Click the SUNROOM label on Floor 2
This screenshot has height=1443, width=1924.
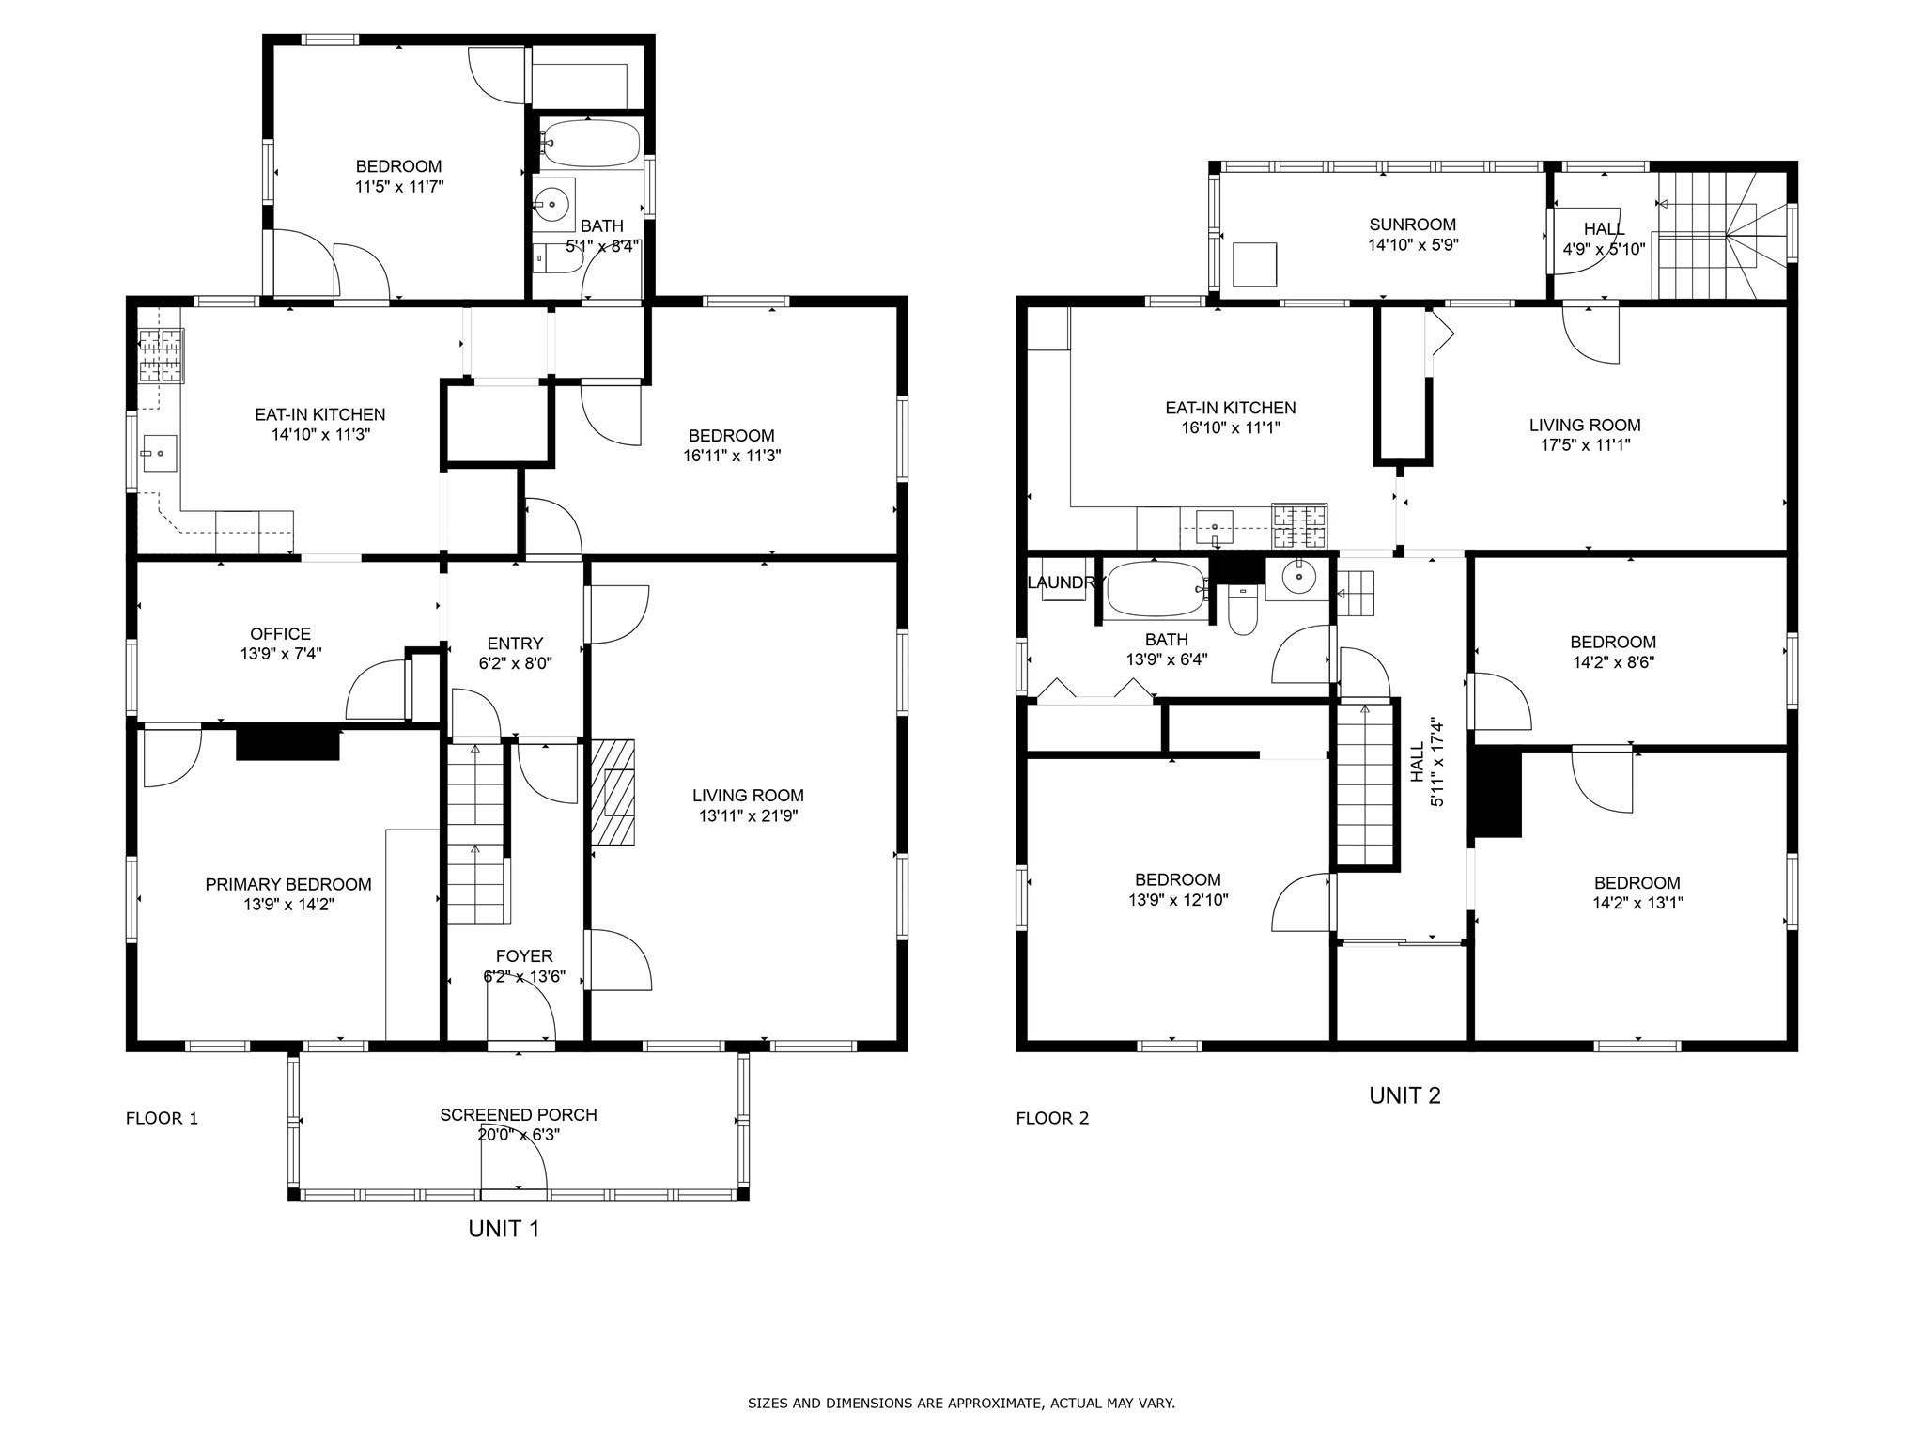click(1412, 225)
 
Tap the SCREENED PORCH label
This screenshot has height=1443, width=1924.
click(518, 1115)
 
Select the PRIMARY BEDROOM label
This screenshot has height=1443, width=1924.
click(288, 884)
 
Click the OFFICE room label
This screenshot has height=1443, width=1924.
click(280, 634)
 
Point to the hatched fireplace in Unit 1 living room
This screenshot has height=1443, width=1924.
click(613, 792)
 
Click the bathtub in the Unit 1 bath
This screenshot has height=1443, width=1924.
click(591, 144)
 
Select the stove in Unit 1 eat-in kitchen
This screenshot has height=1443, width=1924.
click(161, 356)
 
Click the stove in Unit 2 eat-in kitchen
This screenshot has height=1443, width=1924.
click(1300, 527)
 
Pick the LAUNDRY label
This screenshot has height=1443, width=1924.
click(1061, 582)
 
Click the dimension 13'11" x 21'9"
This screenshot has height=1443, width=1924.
click(748, 815)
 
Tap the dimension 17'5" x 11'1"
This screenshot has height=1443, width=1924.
click(1585, 445)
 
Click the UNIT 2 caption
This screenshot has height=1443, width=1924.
click(1404, 1095)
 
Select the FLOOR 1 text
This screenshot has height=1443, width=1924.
click(162, 1118)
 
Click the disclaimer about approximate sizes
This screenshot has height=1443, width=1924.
click(961, 1404)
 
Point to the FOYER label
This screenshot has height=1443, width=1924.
click(524, 956)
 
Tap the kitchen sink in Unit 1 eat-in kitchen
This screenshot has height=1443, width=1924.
click(159, 454)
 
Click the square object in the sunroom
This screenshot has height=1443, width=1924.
click(1254, 264)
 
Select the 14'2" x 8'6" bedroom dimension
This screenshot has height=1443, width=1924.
click(1612, 661)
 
